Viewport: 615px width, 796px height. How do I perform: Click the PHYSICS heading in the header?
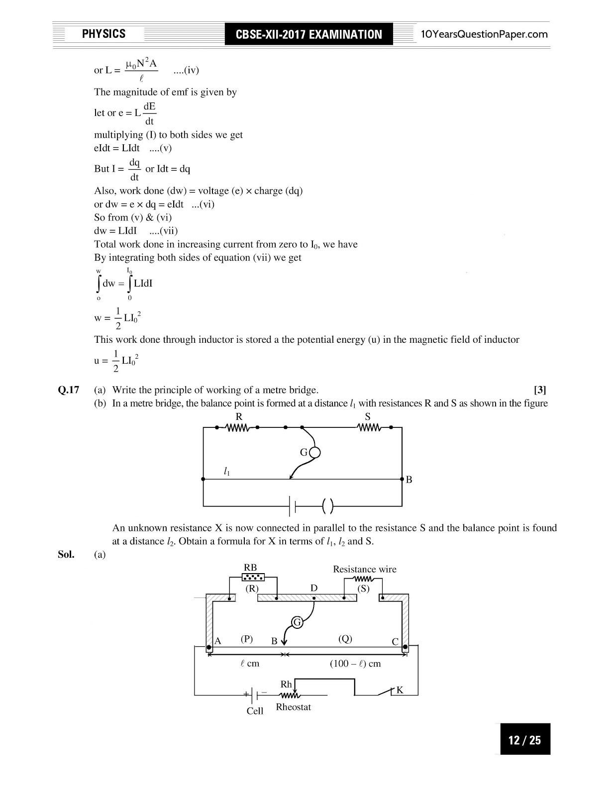pyautogui.click(x=103, y=34)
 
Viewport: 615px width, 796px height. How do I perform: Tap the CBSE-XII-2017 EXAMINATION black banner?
pyautogui.click(x=308, y=34)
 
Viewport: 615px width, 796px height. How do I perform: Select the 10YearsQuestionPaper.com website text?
pyautogui.click(x=484, y=34)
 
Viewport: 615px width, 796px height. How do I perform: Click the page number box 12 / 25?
pyautogui.click(x=524, y=740)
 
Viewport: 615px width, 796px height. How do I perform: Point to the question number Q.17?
pyautogui.click(x=69, y=390)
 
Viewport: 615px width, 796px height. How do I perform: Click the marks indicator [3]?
pyautogui.click(x=540, y=390)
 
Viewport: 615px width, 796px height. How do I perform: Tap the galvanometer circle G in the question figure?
pyautogui.click(x=314, y=452)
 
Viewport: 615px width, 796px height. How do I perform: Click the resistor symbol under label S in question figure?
pyautogui.click(x=369, y=427)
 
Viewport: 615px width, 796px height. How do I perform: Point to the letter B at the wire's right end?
pyautogui.click(x=409, y=480)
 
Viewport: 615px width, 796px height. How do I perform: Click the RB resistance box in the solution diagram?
pyautogui.click(x=253, y=577)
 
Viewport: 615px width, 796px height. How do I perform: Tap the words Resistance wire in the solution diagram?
pyautogui.click(x=365, y=569)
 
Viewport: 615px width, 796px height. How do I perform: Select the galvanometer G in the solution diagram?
pyautogui.click(x=297, y=622)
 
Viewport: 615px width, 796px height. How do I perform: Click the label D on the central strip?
pyautogui.click(x=313, y=588)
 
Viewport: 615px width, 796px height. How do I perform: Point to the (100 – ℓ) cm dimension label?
pyautogui.click(x=355, y=664)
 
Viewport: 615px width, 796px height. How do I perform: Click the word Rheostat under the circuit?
pyautogui.click(x=294, y=707)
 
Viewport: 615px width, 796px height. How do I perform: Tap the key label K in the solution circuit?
pyautogui.click(x=400, y=690)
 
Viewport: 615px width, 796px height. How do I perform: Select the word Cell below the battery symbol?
pyautogui.click(x=255, y=711)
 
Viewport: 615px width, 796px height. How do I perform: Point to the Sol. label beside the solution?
pyautogui.click(x=66, y=554)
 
